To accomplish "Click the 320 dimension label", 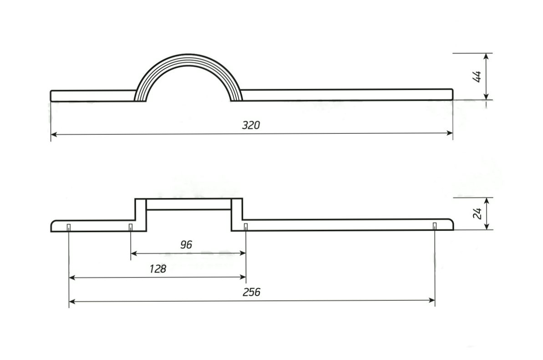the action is [x=251, y=125].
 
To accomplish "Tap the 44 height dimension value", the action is [x=477, y=76].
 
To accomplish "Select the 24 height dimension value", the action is [x=477, y=213].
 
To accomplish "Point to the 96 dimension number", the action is [x=186, y=245].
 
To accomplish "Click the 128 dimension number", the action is [x=158, y=269].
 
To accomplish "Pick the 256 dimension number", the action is [x=251, y=292].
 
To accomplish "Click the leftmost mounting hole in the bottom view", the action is [x=69, y=227].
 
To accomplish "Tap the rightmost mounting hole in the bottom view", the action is [x=435, y=226].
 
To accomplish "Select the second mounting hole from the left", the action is [x=131, y=227].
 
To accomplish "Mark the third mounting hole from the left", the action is [x=245, y=227].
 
